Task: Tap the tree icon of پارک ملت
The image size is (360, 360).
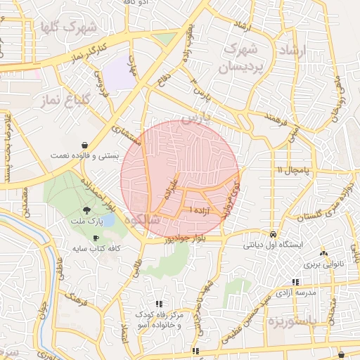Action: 86,210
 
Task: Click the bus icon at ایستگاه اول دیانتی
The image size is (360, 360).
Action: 273,234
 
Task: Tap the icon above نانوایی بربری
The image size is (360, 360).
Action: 323,253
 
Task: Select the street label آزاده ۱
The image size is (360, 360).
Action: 193,209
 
